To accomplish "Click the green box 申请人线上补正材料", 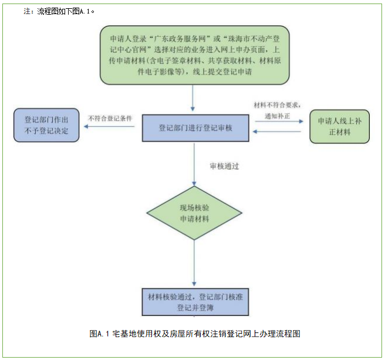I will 339,125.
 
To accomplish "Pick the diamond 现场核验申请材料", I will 194,213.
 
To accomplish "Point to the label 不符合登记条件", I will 109,118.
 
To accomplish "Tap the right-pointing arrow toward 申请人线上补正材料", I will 278,121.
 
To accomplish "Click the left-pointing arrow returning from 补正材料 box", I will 278,131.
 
